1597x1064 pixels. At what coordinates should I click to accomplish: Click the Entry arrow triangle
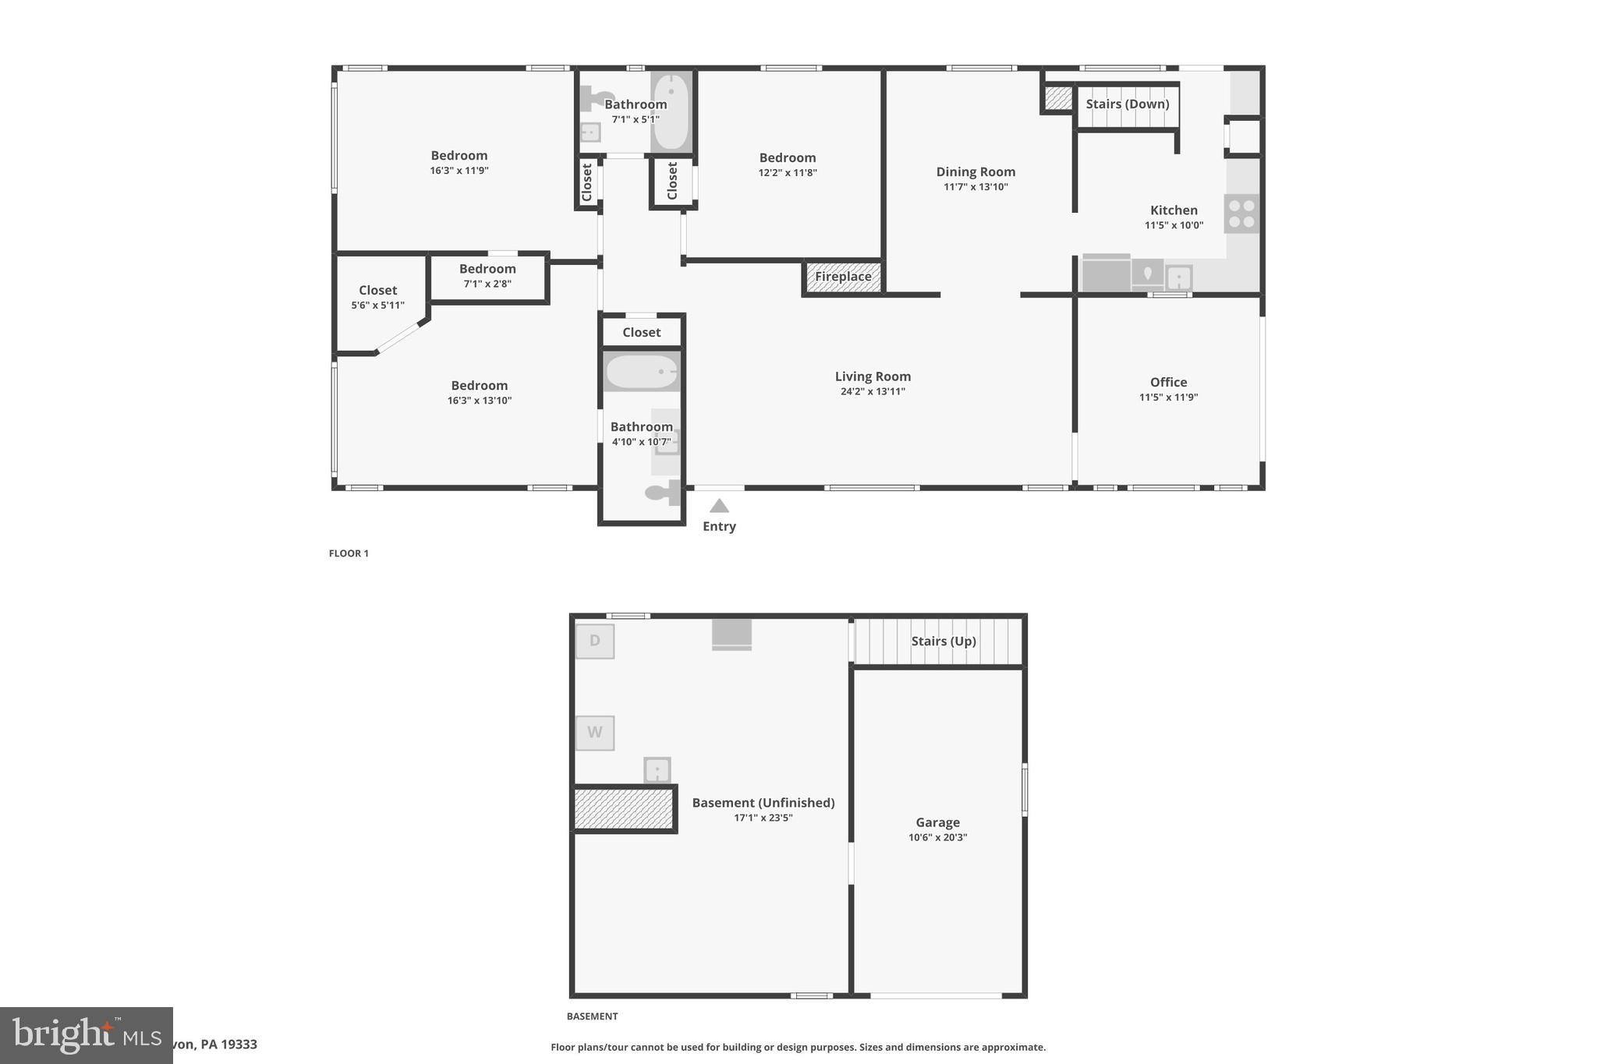719,506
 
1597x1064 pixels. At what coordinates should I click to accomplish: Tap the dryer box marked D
595,641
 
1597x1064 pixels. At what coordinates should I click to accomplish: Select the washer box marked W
595,733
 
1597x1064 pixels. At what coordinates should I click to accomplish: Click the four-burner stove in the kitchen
1241,214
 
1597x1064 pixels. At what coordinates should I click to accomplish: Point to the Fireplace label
843,277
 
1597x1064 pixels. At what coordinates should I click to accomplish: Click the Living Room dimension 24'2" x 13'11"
873,391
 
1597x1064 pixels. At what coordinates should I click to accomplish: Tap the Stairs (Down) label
1127,104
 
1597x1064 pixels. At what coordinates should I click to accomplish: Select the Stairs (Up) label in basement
944,641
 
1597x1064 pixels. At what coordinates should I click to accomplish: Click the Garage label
937,822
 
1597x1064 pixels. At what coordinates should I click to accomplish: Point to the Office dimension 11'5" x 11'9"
1168,397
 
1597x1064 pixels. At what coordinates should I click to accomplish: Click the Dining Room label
976,171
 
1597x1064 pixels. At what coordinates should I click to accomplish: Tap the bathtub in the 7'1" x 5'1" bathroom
671,111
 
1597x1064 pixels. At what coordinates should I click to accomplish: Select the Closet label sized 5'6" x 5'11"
377,290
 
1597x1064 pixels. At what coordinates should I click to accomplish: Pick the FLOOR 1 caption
349,553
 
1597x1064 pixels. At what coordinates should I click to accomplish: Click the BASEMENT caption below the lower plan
592,1016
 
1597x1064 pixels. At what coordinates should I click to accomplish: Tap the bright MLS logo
86,1035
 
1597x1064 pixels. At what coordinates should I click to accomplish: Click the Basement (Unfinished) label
763,802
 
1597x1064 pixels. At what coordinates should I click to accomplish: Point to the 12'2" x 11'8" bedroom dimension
788,172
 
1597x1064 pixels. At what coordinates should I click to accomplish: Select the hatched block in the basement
623,808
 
